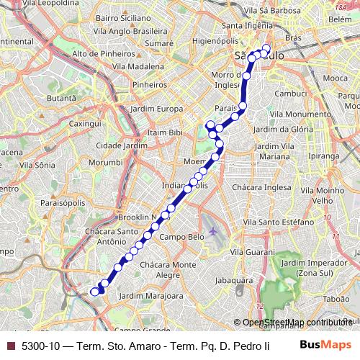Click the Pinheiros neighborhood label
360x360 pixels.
pyautogui.click(x=150, y=85)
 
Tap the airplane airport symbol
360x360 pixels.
pyautogui.click(x=213, y=231)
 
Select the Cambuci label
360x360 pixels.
pyautogui.click(x=274, y=94)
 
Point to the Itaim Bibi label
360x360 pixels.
pyautogui.click(x=166, y=133)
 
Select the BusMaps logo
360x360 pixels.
pyautogui.click(x=326, y=345)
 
